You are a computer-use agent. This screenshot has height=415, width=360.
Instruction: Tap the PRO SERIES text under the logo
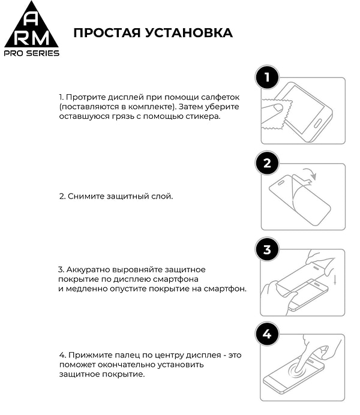coord(32,53)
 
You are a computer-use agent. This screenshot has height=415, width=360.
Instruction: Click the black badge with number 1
coord(267,77)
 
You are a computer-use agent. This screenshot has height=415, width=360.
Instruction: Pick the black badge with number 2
coord(267,163)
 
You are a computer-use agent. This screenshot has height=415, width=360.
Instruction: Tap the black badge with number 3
coord(267,249)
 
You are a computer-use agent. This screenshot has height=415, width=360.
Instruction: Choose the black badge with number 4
coord(267,334)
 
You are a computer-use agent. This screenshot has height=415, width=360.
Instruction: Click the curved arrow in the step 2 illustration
coord(310,173)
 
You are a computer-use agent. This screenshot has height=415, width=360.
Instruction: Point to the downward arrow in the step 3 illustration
coord(335,281)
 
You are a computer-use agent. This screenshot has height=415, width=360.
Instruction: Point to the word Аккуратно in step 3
coord(86,269)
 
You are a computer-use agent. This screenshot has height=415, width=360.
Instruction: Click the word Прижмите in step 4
coord(86,355)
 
